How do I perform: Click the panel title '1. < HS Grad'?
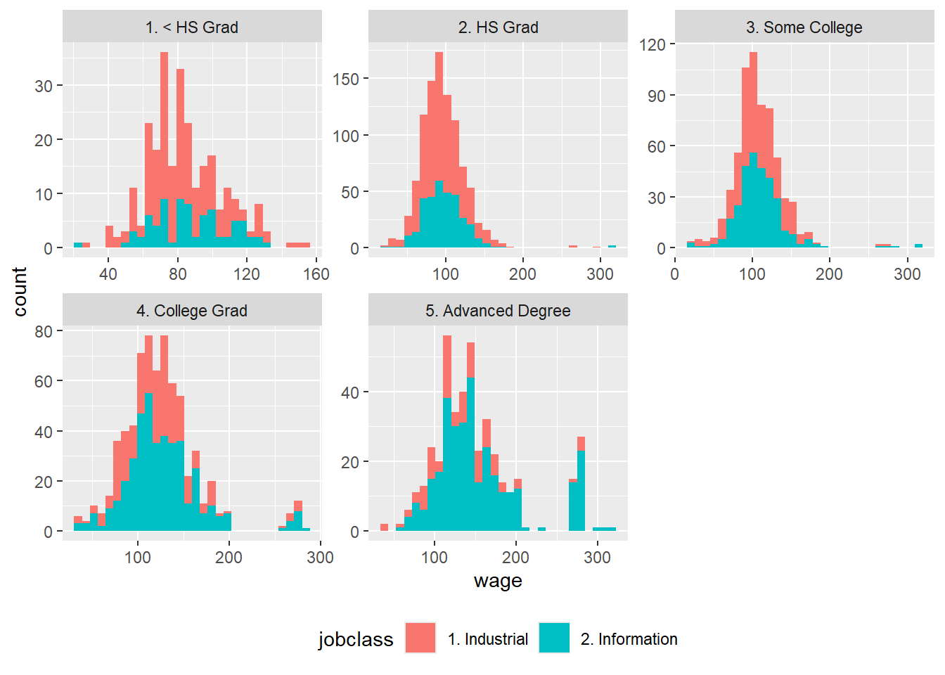point(192,27)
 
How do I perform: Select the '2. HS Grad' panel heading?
point(498,27)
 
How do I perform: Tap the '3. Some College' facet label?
point(804,27)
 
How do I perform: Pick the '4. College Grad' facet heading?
point(192,311)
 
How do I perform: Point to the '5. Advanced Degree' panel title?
point(498,311)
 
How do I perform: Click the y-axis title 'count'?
point(20,291)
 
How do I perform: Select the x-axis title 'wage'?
point(498,581)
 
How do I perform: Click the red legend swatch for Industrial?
point(420,638)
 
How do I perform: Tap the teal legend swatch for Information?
point(554,638)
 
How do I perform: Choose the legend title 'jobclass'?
point(356,639)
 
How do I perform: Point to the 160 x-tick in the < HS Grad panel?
point(316,274)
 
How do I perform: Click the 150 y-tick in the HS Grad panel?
point(346,79)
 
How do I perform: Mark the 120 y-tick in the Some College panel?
point(652,45)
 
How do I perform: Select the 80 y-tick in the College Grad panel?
point(44,331)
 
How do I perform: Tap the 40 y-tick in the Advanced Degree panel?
point(349,392)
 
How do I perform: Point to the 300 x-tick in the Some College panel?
point(907,274)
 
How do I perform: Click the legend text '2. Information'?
point(629,639)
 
